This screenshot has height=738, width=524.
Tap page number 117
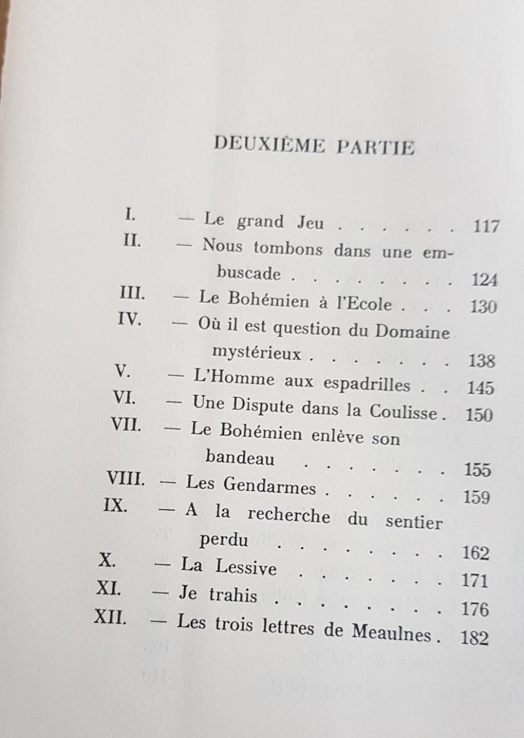click(486, 226)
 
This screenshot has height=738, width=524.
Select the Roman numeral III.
click(132, 295)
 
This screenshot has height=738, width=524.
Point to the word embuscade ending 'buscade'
click(249, 273)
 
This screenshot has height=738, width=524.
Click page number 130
click(483, 307)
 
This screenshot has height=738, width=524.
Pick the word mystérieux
click(257, 352)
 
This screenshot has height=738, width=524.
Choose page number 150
click(479, 415)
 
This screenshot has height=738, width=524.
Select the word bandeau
click(241, 457)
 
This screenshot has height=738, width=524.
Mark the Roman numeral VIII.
click(126, 479)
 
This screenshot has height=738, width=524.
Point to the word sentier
click(413, 522)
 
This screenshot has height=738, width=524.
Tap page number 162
click(475, 553)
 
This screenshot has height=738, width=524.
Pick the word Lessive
click(246, 567)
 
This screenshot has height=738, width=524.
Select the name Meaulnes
click(391, 633)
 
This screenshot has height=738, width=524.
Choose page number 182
click(474, 638)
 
